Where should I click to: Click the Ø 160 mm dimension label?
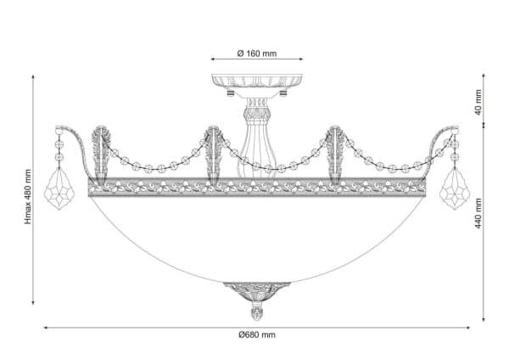257,53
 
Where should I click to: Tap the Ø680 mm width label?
257,335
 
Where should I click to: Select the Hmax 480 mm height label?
29,197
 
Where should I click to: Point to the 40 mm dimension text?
478,103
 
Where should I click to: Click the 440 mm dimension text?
478,213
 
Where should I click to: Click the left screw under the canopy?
231,93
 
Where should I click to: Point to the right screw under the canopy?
283,93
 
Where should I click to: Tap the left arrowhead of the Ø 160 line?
213,59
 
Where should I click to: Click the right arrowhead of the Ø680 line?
468,328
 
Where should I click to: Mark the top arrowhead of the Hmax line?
33,76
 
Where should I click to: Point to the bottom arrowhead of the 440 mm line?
484,320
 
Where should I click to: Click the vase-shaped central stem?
257,138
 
